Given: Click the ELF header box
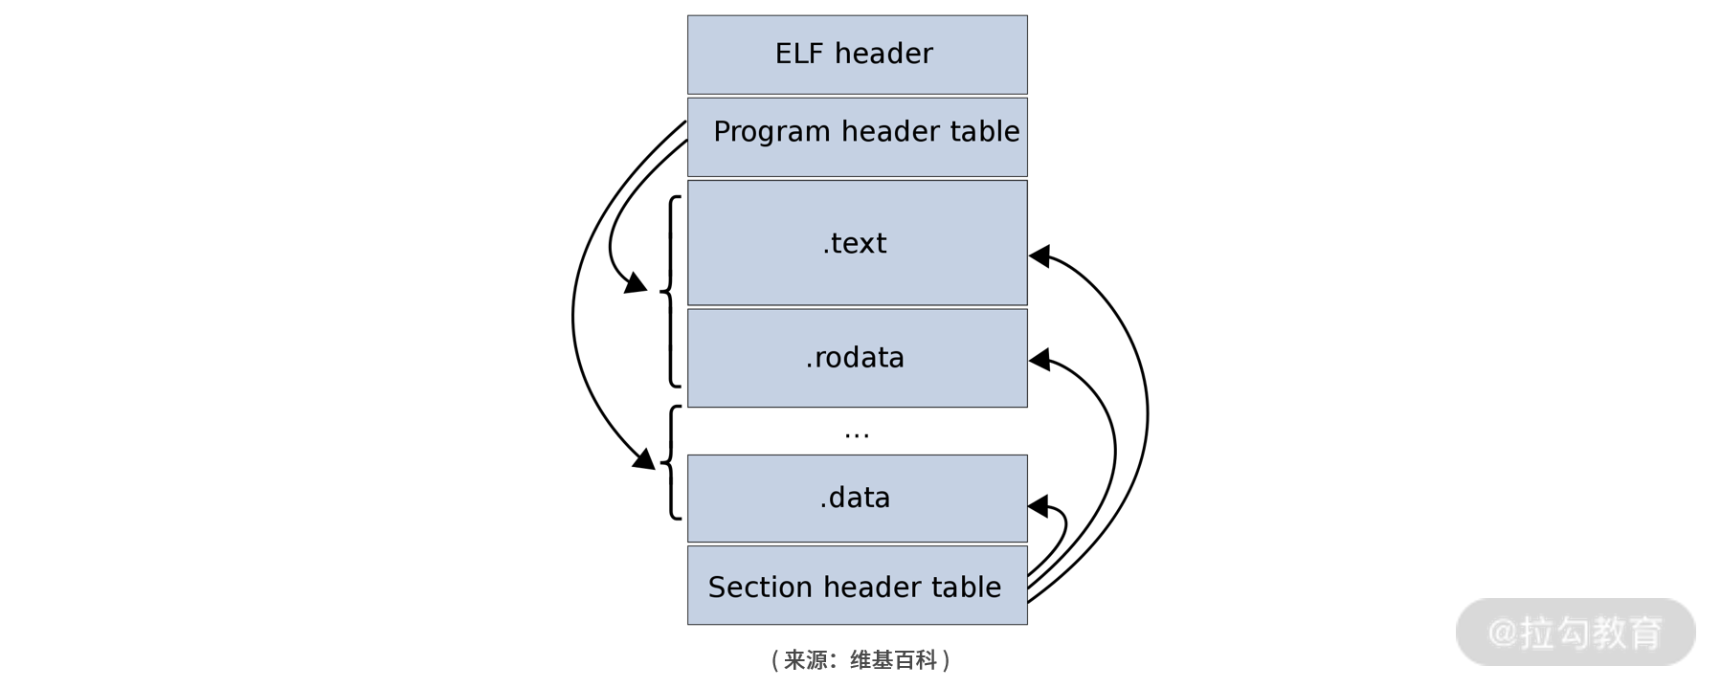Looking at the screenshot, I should tap(857, 55).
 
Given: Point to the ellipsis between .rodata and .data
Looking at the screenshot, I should tap(857, 433).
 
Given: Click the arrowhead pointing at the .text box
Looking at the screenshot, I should tap(1039, 255).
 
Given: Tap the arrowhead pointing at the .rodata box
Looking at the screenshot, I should tap(1039, 360).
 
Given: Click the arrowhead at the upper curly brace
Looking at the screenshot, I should tap(637, 283).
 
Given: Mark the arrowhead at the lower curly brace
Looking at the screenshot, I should tap(645, 460).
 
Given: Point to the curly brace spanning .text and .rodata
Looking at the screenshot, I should tap(671, 291).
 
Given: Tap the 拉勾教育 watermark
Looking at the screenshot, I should tap(1576, 633).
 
